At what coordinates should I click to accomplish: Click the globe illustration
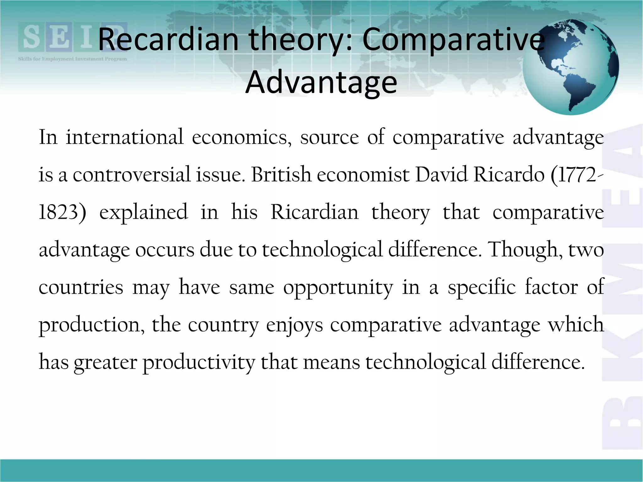click(x=570, y=67)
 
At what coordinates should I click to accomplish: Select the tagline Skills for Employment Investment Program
click(x=72, y=59)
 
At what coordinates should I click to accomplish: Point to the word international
click(x=124, y=137)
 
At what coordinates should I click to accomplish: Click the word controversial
click(x=132, y=174)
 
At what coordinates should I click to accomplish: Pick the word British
click(x=281, y=174)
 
